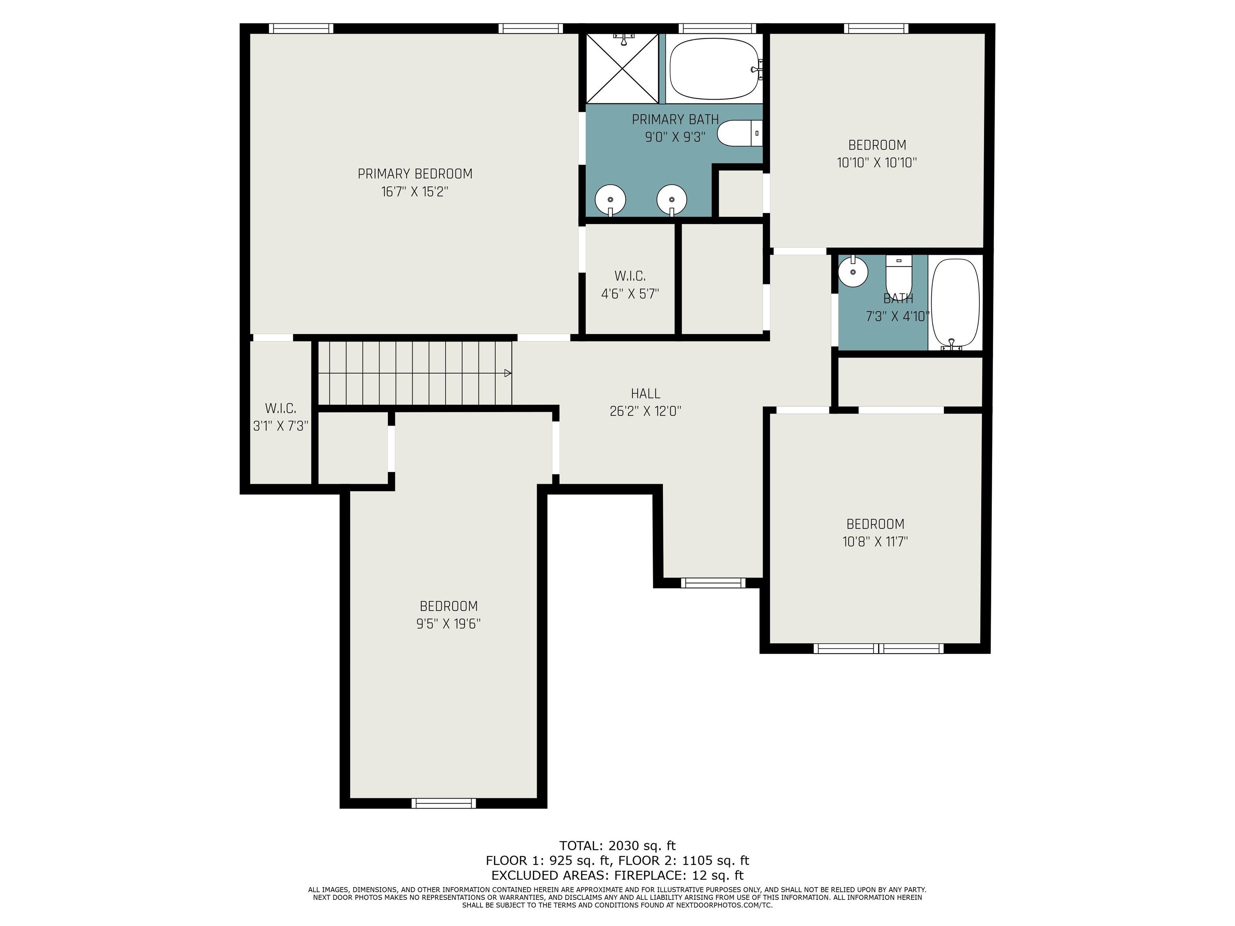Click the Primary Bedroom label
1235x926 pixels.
[x=415, y=174]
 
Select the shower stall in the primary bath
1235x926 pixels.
[x=622, y=68]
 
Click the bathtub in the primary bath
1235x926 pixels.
[x=715, y=69]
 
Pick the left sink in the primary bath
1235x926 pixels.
[x=610, y=200]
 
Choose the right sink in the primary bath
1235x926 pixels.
[x=672, y=200]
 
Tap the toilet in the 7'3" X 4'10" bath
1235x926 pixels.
[x=899, y=274]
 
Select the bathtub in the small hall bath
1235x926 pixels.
[x=955, y=304]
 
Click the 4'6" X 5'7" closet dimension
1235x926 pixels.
[x=630, y=294]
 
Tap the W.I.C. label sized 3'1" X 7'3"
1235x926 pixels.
[x=280, y=408]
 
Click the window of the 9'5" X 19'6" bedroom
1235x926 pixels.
[x=444, y=803]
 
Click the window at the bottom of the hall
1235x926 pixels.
[x=713, y=583]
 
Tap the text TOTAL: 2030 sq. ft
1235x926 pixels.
[x=617, y=846]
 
